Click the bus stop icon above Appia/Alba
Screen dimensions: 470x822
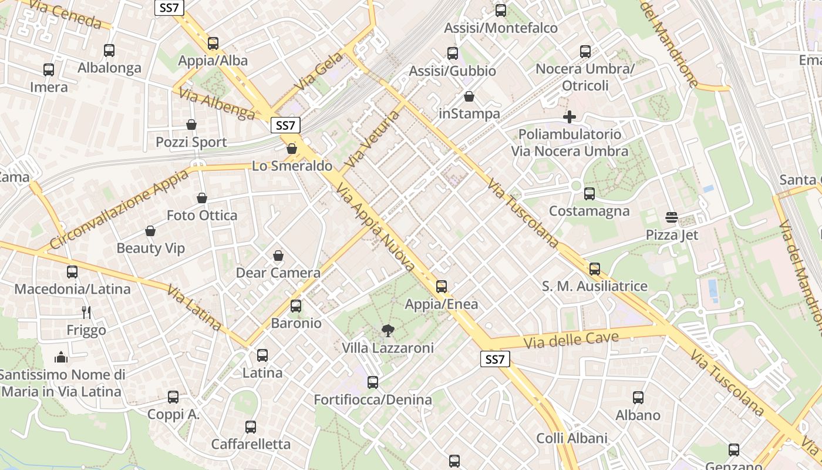(x=213, y=43)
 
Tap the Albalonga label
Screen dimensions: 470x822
(x=109, y=68)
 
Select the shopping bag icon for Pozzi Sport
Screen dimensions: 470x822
(x=191, y=125)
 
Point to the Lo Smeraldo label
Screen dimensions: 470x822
(x=292, y=166)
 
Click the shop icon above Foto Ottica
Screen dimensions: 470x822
(x=202, y=198)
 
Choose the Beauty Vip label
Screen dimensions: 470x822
(x=150, y=248)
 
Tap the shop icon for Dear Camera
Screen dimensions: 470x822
(x=278, y=256)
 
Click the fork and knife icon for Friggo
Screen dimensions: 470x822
(x=86, y=312)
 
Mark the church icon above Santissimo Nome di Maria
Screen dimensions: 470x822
(x=61, y=357)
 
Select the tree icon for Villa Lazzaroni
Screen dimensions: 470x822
(x=388, y=330)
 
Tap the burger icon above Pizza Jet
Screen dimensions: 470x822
(x=672, y=217)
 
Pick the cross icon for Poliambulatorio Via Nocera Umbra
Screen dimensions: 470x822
(x=569, y=117)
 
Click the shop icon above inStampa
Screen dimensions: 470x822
(x=469, y=96)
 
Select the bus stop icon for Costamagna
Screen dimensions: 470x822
(x=589, y=193)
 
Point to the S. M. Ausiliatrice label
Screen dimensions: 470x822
(x=594, y=286)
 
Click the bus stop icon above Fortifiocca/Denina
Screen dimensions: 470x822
(x=373, y=382)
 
